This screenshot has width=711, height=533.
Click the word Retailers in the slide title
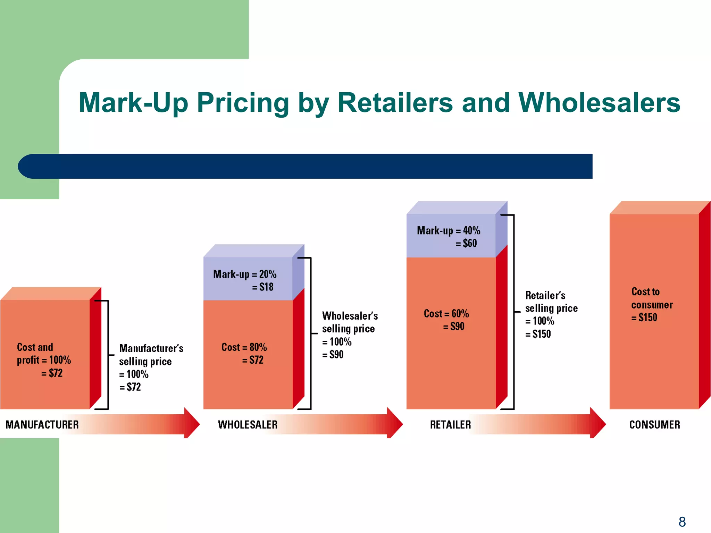point(395,103)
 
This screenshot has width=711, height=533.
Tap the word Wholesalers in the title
point(599,103)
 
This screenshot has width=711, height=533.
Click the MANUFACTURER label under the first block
point(42,424)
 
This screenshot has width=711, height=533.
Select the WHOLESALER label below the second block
point(248,424)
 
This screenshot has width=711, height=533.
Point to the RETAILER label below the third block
point(450,424)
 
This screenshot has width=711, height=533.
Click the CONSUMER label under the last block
point(654,424)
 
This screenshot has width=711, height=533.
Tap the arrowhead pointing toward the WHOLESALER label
point(192,423)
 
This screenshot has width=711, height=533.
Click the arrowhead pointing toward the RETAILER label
point(395,423)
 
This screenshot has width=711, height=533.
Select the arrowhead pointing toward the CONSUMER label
point(598,423)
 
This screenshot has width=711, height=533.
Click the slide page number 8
point(682,522)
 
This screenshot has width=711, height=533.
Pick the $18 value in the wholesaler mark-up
point(266,287)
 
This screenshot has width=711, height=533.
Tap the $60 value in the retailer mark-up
point(470,243)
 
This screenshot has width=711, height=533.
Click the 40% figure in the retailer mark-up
point(471,230)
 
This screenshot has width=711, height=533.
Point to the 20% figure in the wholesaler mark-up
point(268,274)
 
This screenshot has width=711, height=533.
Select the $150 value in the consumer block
point(647,318)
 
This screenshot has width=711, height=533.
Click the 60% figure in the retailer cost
point(460,314)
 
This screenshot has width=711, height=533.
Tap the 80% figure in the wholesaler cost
point(258,347)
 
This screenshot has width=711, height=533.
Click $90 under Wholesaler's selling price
point(336,354)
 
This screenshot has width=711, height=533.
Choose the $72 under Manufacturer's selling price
point(134,387)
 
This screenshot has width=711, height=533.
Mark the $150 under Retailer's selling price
point(542,334)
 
